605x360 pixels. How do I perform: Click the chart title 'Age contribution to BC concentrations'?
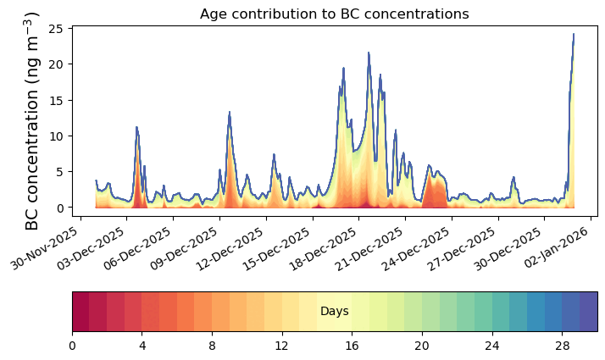tap(334, 14)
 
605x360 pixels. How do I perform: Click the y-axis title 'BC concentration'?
tap(32, 121)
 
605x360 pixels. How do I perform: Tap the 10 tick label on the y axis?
tap(58, 136)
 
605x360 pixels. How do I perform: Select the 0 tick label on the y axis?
tap(61, 208)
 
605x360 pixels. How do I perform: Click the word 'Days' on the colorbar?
tap(335, 313)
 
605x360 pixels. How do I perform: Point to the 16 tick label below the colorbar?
tap(352, 346)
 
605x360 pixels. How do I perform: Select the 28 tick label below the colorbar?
tap(562, 346)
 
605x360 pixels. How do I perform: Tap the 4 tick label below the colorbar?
tap(142, 346)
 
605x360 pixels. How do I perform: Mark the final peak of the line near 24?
tap(574, 35)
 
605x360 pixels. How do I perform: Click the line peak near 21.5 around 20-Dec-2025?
tap(369, 53)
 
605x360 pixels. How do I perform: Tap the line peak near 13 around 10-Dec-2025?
tap(230, 113)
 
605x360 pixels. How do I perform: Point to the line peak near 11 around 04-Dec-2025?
tap(136, 128)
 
